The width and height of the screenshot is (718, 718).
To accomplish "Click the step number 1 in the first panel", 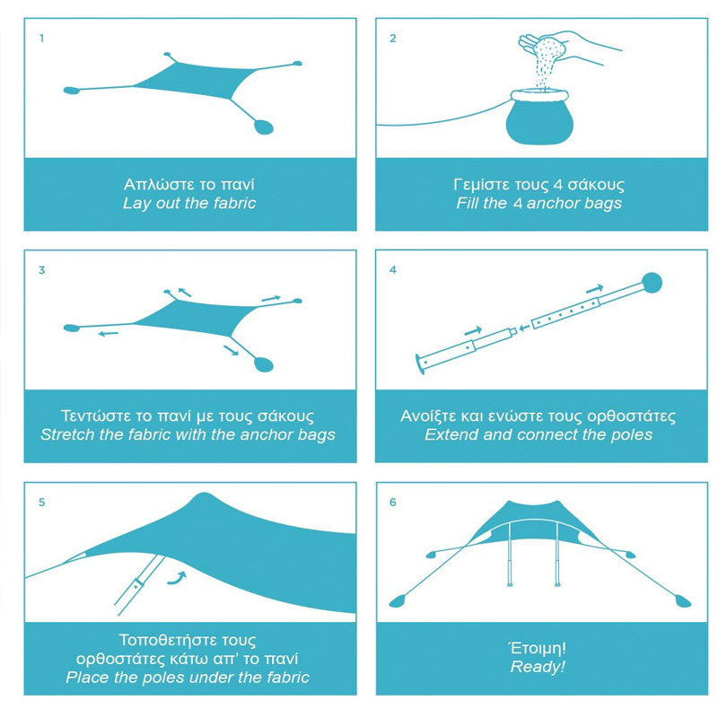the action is click(41, 39).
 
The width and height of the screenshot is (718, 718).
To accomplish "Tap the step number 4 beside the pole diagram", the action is click(393, 270).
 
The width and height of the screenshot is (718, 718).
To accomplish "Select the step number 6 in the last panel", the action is click(393, 503).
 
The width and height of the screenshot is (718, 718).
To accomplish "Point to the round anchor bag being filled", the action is click(540, 118).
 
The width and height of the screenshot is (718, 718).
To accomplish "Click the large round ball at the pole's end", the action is click(652, 283).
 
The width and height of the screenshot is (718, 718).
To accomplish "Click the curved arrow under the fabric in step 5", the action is click(178, 578).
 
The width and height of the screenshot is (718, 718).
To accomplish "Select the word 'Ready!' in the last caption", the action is click(538, 667).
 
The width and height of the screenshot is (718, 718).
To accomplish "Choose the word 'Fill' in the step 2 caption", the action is click(465, 203).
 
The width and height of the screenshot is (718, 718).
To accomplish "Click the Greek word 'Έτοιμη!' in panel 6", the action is click(538, 648).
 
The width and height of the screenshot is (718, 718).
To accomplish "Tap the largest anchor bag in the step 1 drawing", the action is click(263, 127).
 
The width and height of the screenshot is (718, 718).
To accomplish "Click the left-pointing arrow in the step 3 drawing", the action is click(109, 334).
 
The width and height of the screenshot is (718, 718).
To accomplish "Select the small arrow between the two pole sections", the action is click(524, 328).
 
